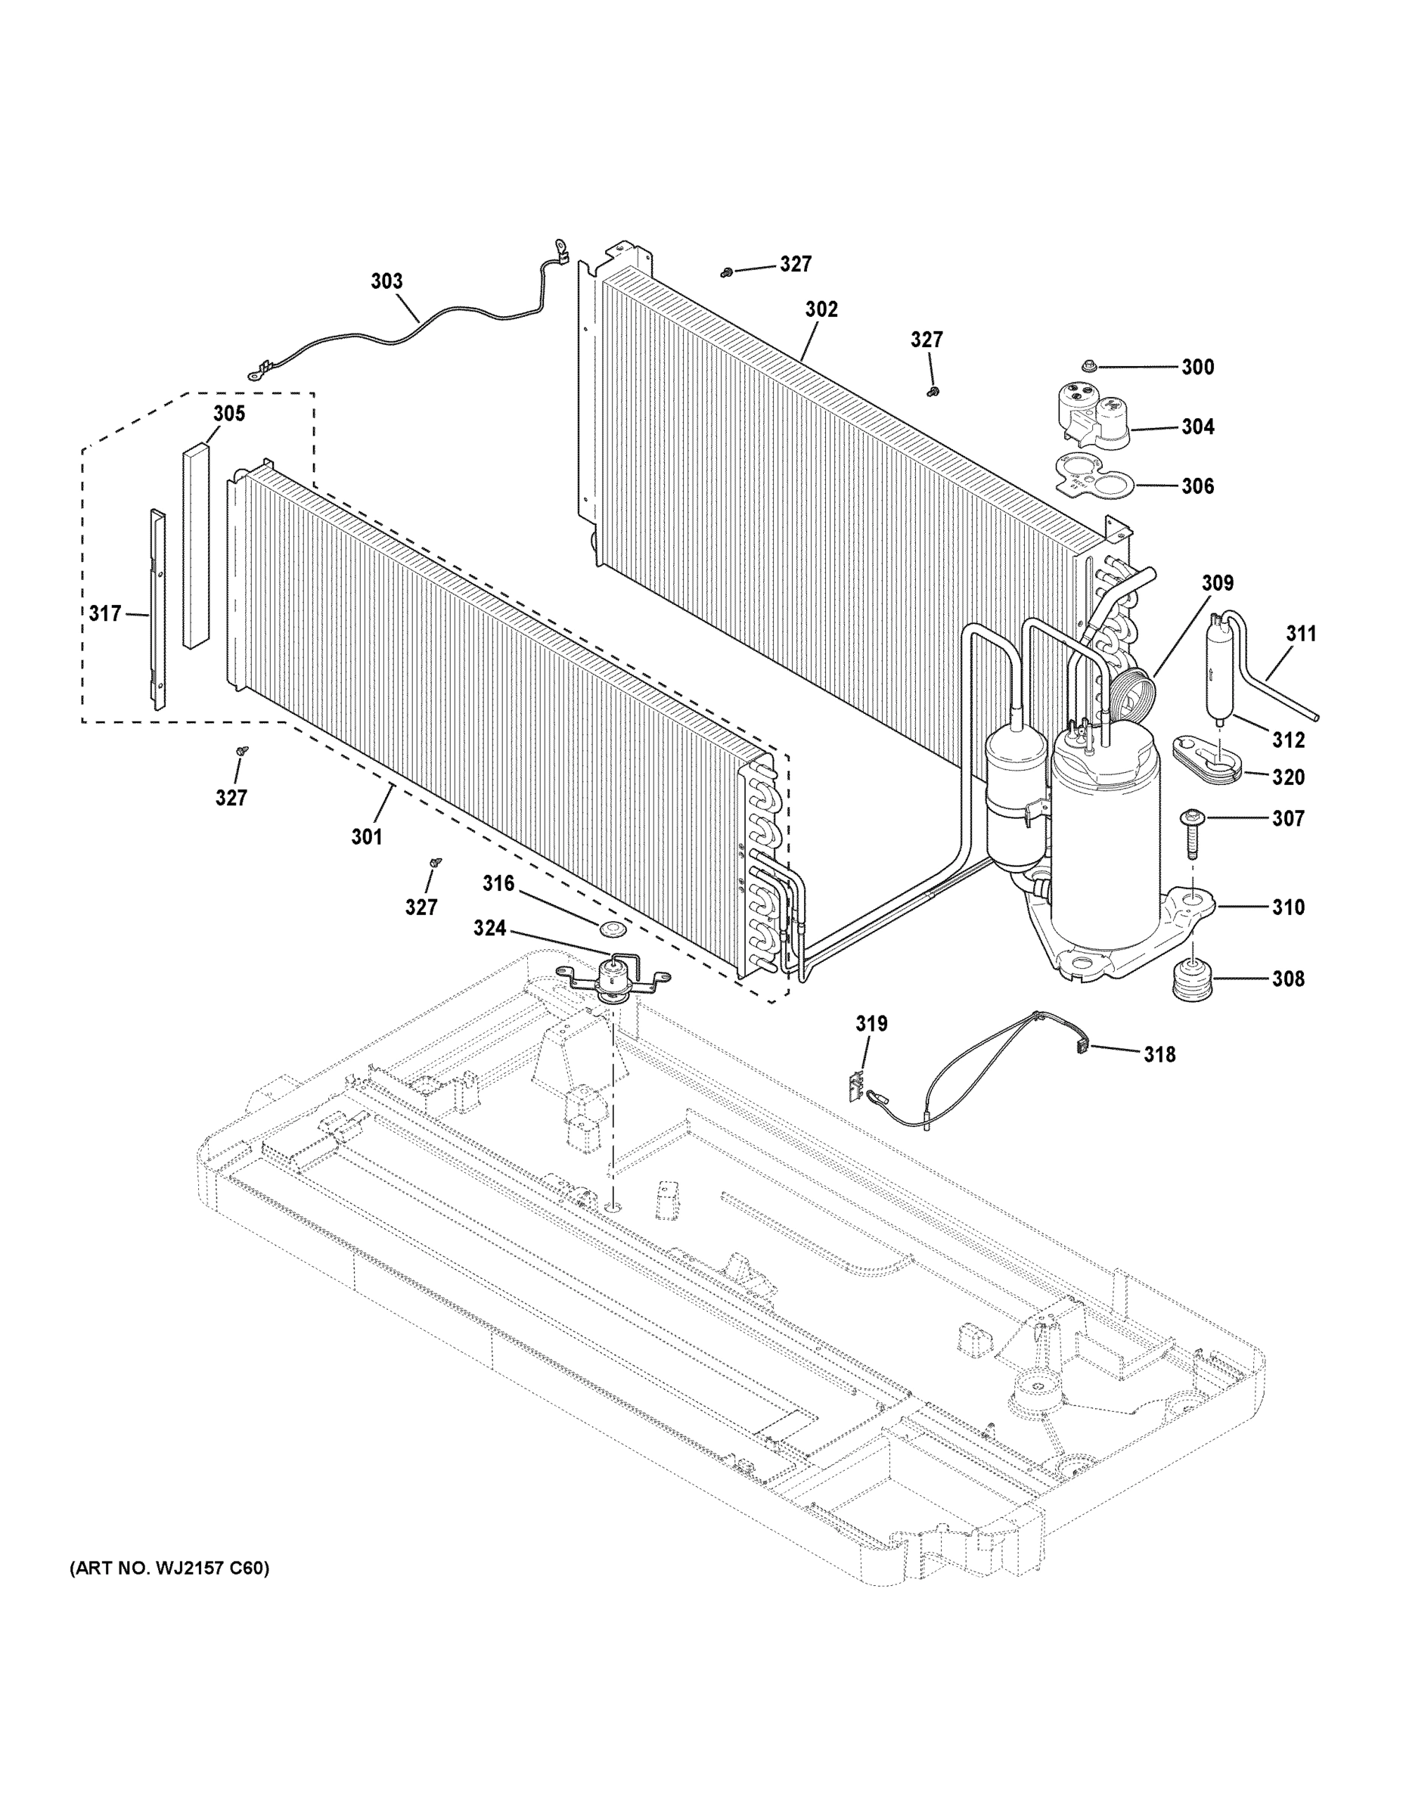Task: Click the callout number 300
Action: coord(1198,367)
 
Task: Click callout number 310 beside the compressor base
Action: coord(1287,907)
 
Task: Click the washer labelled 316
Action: coord(612,926)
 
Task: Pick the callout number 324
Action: coord(489,928)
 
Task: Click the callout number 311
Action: coord(1301,634)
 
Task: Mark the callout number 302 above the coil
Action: coord(821,309)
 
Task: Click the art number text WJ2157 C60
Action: coord(169,1569)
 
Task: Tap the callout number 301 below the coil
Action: coord(367,837)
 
